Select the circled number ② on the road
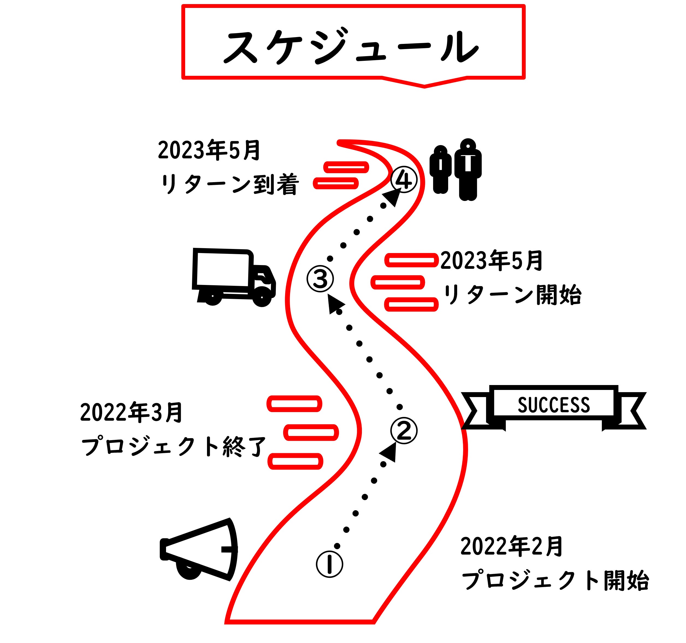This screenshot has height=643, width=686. click(x=404, y=431)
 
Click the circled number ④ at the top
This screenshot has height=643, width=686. click(x=404, y=179)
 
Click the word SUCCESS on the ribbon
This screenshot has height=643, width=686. click(x=554, y=405)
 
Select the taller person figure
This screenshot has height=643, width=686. click(x=468, y=169)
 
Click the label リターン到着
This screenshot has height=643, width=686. click(x=229, y=185)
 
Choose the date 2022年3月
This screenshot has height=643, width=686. click(x=131, y=413)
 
